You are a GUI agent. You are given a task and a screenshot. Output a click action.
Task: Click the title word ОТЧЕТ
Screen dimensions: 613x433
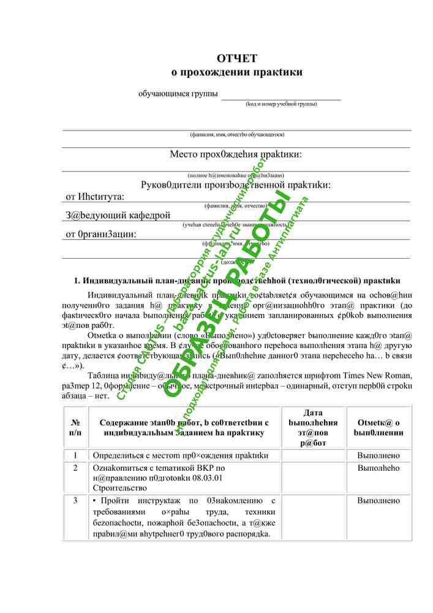[237, 58]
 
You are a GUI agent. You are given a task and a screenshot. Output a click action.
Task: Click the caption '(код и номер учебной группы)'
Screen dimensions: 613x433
[281, 104]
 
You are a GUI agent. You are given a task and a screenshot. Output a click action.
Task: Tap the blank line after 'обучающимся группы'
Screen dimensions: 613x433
[281, 95]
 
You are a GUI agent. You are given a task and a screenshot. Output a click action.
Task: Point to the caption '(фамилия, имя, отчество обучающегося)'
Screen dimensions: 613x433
[237, 134]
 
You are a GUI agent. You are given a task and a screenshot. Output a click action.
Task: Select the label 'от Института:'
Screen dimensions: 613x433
[95, 197]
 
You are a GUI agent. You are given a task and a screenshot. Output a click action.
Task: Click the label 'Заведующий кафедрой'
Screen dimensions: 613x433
[118, 215]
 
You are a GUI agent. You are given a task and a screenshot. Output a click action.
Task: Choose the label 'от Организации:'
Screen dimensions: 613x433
[100, 234]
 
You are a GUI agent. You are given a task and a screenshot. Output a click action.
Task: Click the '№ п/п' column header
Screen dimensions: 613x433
[75, 427]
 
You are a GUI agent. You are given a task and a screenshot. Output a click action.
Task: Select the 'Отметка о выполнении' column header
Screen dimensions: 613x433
[378, 427]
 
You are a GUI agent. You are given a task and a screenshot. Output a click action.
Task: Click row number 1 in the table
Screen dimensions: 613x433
[75, 455]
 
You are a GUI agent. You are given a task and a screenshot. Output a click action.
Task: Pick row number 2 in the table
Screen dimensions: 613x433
[75, 468]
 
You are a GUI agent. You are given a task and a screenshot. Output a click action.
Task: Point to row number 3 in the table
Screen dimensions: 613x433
[75, 501]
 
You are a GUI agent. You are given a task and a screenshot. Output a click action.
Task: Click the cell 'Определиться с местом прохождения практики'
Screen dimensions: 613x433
[180, 455]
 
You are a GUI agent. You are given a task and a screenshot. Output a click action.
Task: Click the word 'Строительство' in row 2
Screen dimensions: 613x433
[119, 488]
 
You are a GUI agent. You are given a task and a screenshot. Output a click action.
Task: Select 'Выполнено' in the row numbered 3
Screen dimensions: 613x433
[378, 501]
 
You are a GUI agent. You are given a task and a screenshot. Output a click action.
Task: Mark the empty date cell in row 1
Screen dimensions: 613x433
[313, 455]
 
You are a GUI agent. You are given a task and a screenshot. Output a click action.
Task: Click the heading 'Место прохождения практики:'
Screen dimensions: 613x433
[236, 154]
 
